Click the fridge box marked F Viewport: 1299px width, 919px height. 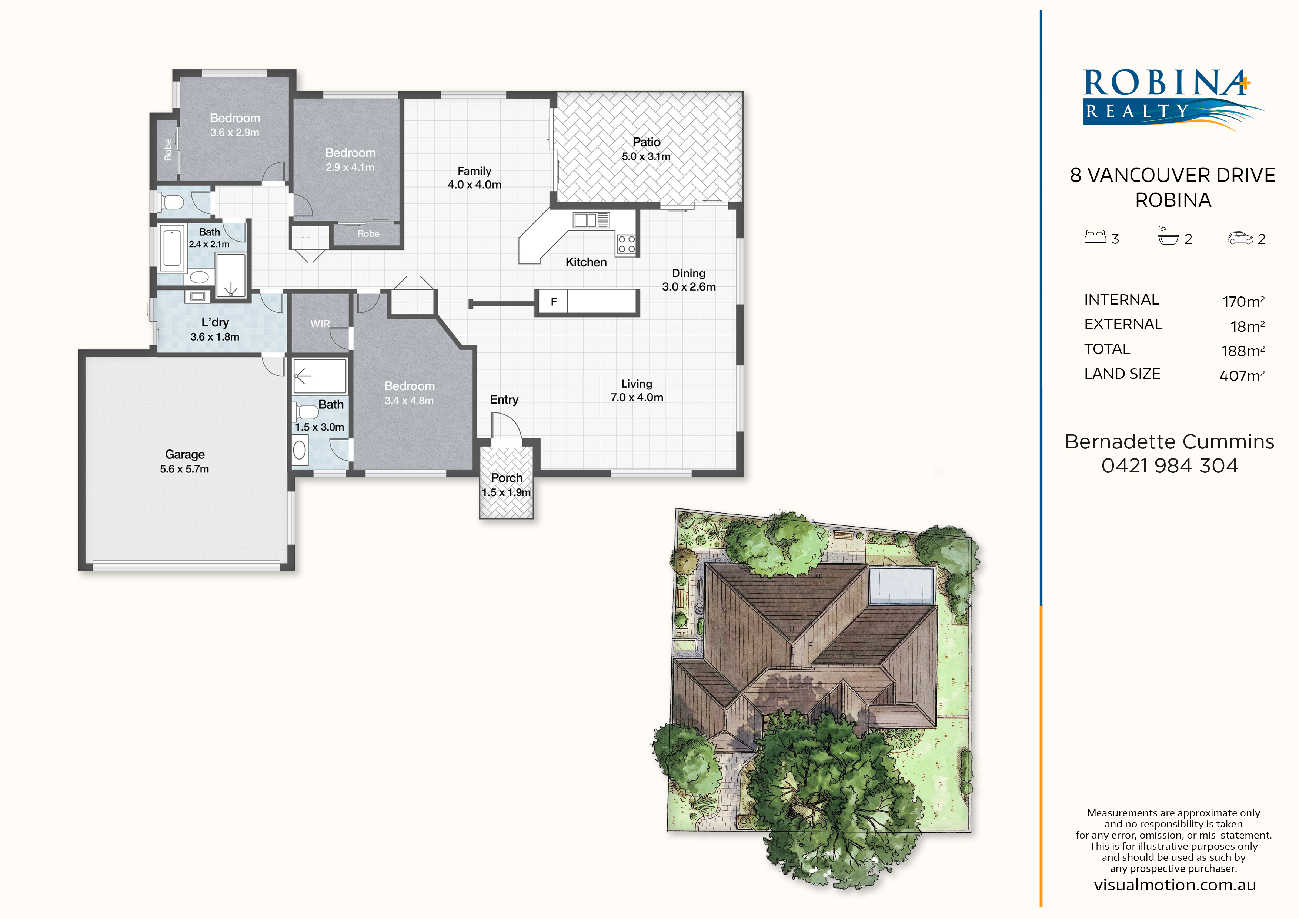(x=553, y=302)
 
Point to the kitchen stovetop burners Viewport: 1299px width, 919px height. (x=626, y=244)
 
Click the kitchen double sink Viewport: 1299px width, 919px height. (x=591, y=220)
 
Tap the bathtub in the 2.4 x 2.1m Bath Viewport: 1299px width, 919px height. (x=172, y=246)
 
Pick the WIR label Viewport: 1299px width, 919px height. (x=320, y=324)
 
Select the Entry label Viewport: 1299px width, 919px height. (x=504, y=400)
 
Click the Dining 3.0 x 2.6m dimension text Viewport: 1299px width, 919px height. (x=688, y=286)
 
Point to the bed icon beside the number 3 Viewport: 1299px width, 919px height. (x=1095, y=237)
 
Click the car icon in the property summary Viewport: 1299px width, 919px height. (x=1240, y=238)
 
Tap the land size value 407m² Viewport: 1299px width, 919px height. (x=1242, y=375)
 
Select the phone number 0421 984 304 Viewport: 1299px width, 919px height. (x=1169, y=465)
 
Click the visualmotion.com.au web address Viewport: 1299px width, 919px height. (x=1175, y=885)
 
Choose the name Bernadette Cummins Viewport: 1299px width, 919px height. (x=1169, y=441)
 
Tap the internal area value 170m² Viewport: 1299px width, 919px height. (x=1243, y=301)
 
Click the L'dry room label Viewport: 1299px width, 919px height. (x=215, y=322)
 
